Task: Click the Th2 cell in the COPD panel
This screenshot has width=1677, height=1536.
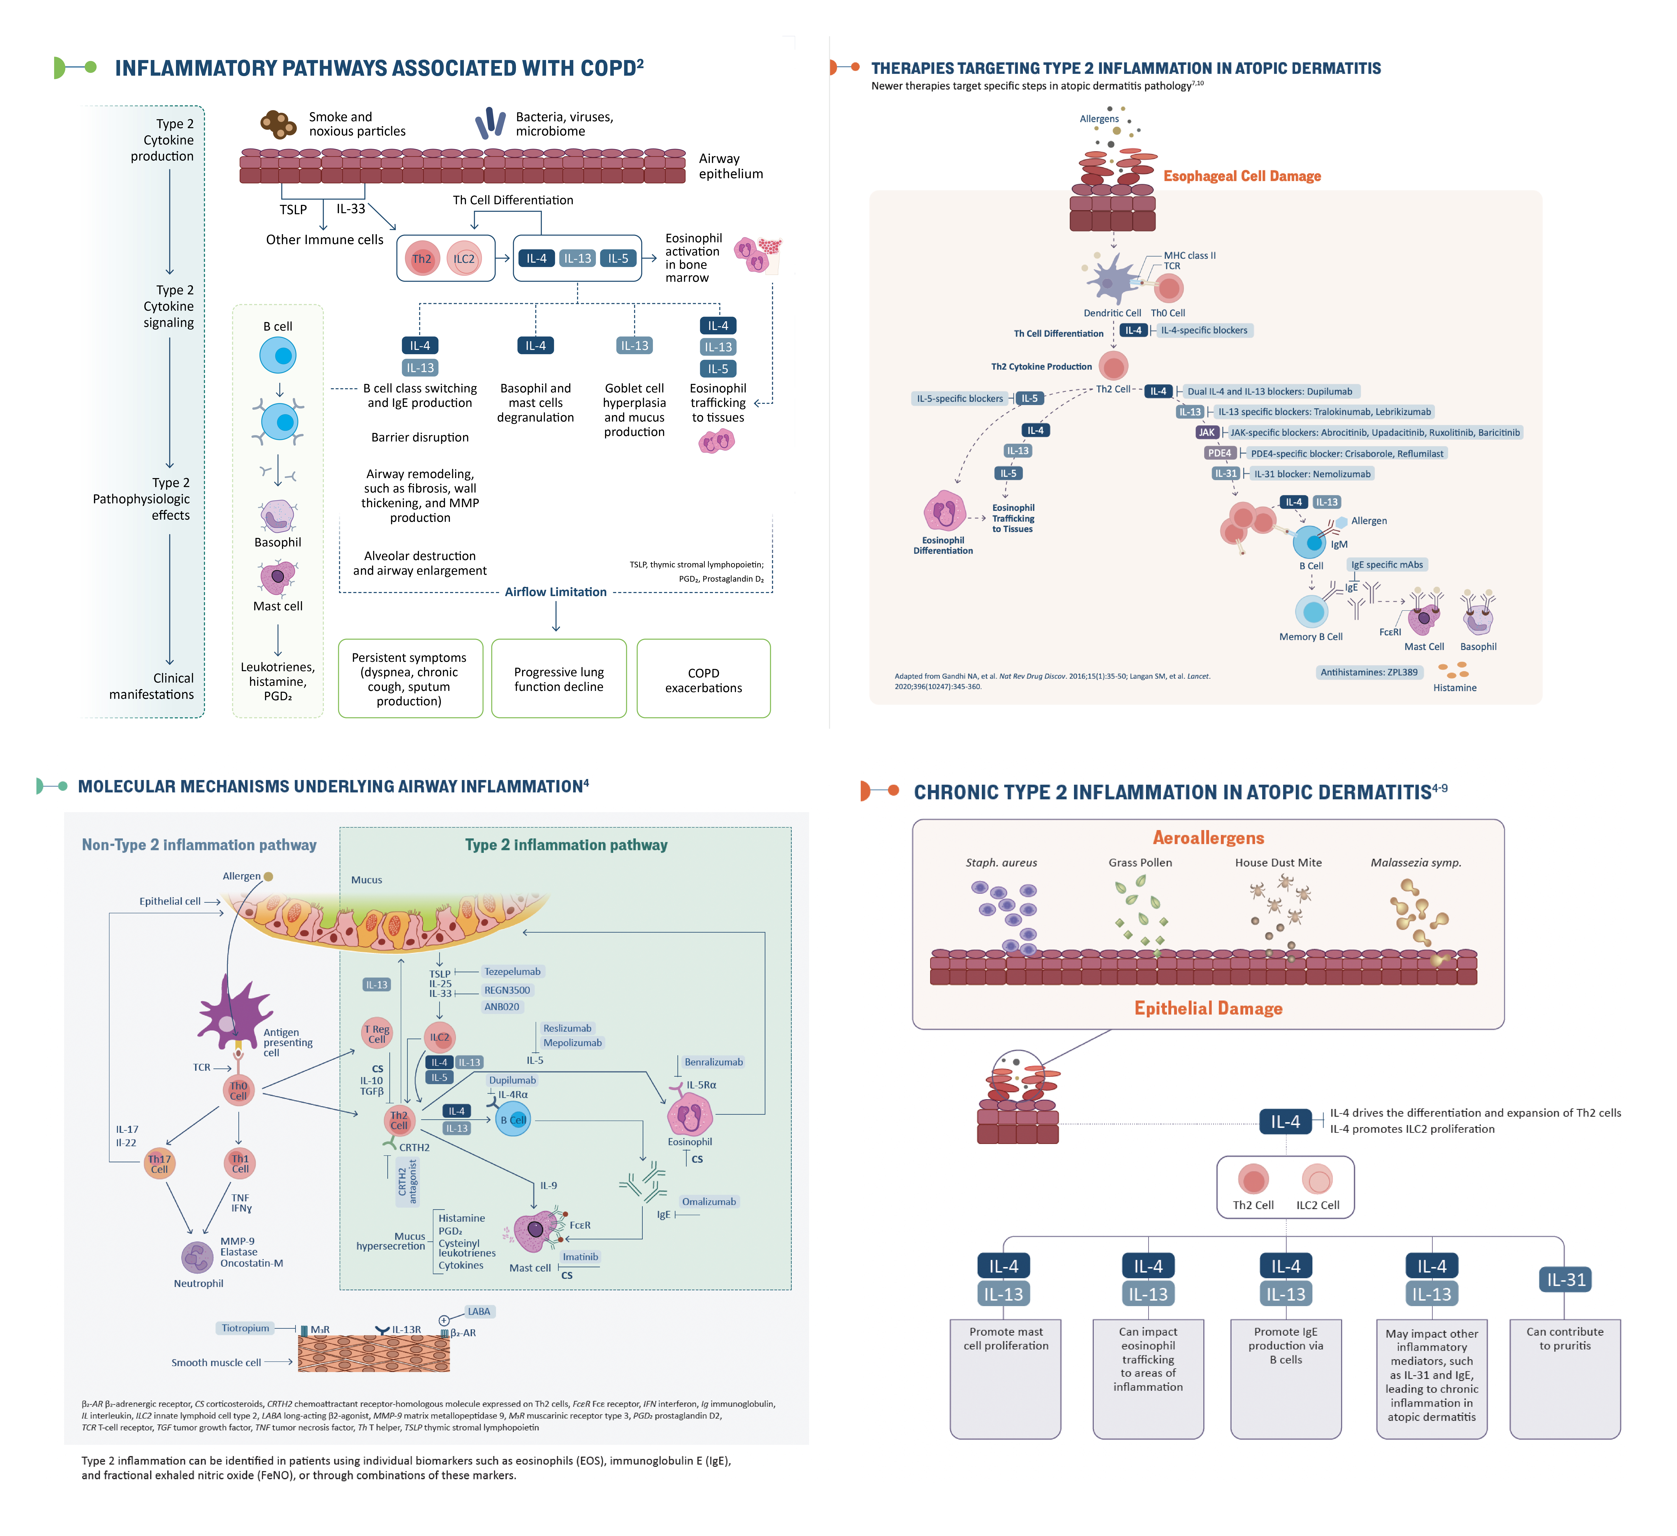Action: tap(422, 259)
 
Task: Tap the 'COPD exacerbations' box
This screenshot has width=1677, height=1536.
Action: tap(704, 679)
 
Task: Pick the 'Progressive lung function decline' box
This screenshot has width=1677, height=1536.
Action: tap(559, 679)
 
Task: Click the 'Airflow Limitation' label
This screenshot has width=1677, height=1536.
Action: tap(556, 592)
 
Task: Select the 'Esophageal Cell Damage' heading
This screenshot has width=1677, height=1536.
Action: tap(1242, 176)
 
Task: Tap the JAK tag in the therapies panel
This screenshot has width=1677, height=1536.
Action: tap(1207, 433)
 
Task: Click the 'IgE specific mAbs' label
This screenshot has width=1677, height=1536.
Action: tap(1387, 565)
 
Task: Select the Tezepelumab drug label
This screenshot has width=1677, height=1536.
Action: tap(512, 971)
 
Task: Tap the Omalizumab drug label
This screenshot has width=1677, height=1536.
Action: tap(709, 1202)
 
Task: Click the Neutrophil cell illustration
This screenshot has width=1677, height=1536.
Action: tap(197, 1257)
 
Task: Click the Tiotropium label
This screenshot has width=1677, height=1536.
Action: tap(245, 1328)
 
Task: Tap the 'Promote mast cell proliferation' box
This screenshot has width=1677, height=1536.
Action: tap(1006, 1379)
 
